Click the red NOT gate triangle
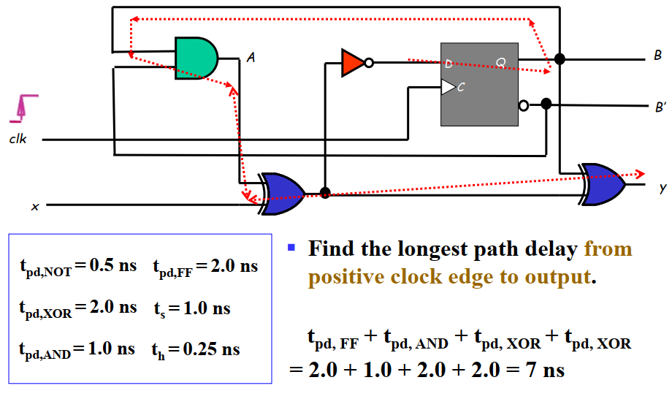click(351, 63)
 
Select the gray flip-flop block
click(478, 83)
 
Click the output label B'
click(660, 107)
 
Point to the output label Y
click(663, 189)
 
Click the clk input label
click(18, 139)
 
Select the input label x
click(34, 207)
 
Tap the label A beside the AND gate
click(251, 56)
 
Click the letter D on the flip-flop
click(448, 63)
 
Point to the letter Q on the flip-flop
click(500, 63)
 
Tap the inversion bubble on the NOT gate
click(369, 63)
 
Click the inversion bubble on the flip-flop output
click(523, 104)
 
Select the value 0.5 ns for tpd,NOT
click(112, 266)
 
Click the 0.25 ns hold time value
click(212, 349)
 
